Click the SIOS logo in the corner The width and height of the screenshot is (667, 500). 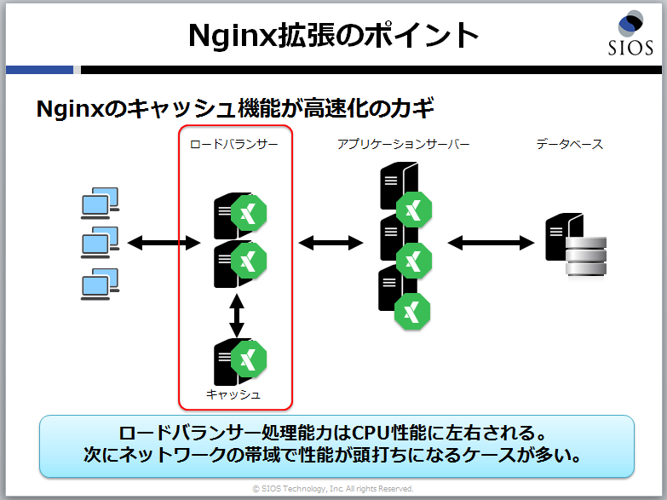coord(631,33)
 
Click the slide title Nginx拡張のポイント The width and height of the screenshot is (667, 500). coord(334,35)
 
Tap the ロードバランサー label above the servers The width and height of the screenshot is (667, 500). coord(233,144)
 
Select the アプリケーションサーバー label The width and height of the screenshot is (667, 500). coord(403,144)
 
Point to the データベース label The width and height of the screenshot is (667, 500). coord(570,144)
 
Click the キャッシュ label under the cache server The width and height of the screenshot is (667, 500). coord(233,394)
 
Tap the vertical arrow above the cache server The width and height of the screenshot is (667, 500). coord(237,315)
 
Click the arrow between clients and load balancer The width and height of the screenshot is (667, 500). coord(164,243)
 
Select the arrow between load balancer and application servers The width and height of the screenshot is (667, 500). coord(331,243)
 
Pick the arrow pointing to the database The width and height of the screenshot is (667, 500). coord(491,243)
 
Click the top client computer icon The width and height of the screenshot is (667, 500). coord(100,203)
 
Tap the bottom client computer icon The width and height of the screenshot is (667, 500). coord(100,284)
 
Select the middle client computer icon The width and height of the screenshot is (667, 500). coord(100,242)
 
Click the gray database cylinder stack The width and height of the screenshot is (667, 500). coord(586,256)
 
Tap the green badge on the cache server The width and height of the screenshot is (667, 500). coord(249,359)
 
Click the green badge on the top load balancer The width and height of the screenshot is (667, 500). coord(249,213)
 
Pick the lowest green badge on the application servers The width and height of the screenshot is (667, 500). coord(412,311)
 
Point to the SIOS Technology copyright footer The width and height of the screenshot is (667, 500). coord(333,489)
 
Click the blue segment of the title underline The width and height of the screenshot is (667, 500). coord(39,70)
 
